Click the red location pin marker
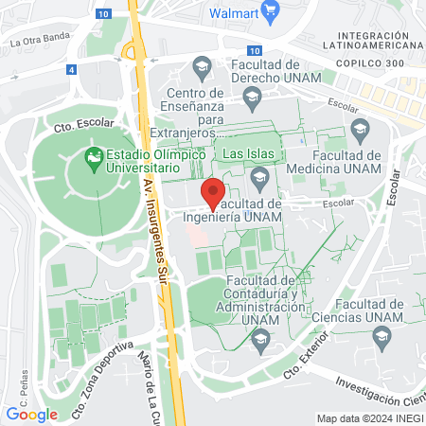(214, 192)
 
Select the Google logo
(31, 414)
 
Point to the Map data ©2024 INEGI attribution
(369, 417)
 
